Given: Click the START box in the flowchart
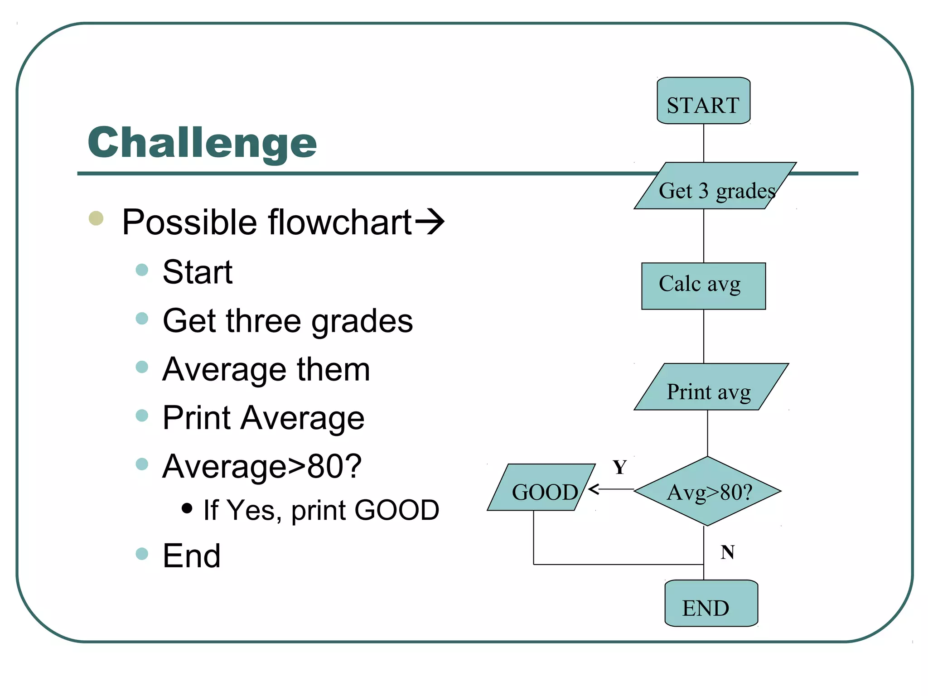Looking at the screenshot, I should click(703, 101).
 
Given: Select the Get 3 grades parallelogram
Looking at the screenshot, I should click(715, 186).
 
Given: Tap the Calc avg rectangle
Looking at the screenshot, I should click(703, 286).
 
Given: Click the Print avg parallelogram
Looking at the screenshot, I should click(710, 387).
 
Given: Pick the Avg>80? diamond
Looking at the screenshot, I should click(707, 491).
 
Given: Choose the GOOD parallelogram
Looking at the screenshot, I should click(541, 488).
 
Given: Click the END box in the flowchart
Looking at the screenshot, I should click(711, 604).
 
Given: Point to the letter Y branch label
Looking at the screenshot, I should click(619, 467).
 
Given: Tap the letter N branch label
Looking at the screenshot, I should click(727, 552).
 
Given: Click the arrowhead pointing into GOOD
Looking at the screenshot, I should click(594, 489).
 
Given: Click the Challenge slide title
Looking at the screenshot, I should click(202, 143).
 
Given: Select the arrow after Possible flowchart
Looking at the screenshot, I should click(430, 222).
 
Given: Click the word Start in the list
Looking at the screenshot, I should click(198, 272).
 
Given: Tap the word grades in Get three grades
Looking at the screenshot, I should click(362, 321).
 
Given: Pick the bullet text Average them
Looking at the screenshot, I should click(266, 370).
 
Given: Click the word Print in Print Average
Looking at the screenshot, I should click(197, 418).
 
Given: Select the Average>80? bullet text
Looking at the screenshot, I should click(262, 466).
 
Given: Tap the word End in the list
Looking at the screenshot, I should click(191, 556).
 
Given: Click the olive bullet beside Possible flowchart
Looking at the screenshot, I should click(96, 218).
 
